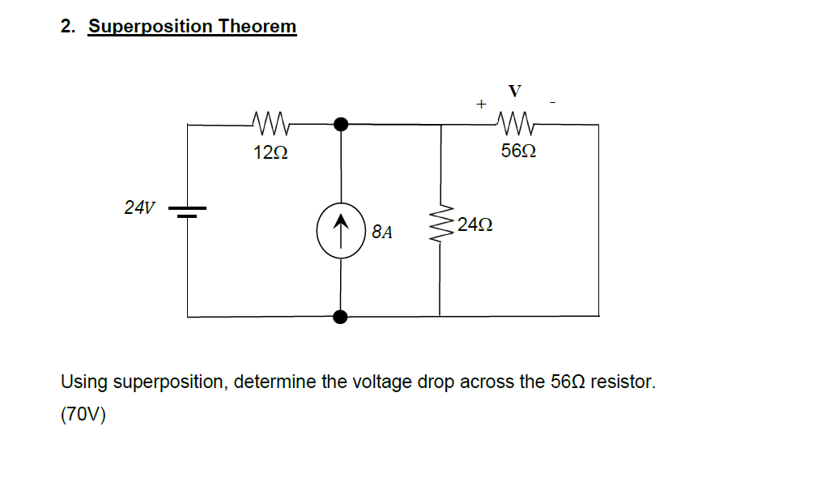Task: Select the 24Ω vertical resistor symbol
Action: pos(440,224)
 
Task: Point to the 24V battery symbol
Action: pos(188,211)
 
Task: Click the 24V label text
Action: pos(139,207)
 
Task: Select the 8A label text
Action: pos(382,233)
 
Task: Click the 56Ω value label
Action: pos(518,151)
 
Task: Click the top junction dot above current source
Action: pos(341,124)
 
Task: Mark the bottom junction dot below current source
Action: pos(341,316)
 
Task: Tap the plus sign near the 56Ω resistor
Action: pos(481,105)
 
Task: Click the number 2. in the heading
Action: pos(68,27)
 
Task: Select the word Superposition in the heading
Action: pos(150,27)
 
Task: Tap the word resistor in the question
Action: pos(623,382)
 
